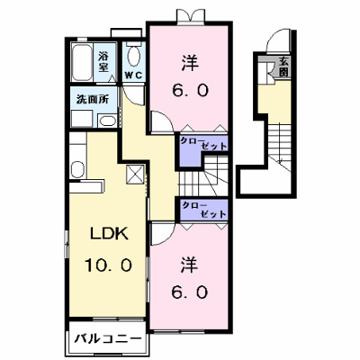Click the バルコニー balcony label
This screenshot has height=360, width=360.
tap(107, 339)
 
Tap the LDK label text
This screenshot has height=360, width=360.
tap(110, 234)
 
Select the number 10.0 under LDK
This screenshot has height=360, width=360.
tap(108, 265)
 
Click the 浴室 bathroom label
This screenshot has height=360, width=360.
tap(103, 62)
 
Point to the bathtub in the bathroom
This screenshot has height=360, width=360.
tap(82, 62)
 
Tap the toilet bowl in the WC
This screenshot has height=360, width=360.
tap(133, 56)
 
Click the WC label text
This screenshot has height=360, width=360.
tap(133, 76)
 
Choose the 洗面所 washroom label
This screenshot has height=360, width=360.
tap(93, 99)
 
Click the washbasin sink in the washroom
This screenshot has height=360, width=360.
tap(107, 121)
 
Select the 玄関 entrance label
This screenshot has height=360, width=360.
tap(283, 67)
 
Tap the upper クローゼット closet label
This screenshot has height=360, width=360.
tap(203, 144)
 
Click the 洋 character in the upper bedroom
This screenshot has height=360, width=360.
tap(190, 62)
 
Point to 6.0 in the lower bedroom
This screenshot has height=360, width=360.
tap(190, 292)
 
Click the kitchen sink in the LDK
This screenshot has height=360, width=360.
tap(78, 169)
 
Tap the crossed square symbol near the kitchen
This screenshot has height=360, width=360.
tap(134, 174)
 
